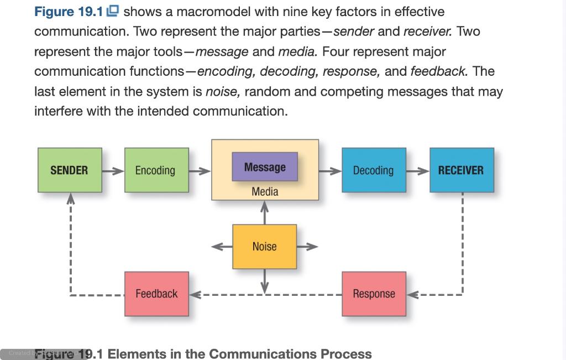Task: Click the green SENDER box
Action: [70, 170]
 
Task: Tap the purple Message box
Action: [265, 167]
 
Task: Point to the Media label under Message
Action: [265, 192]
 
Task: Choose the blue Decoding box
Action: [374, 170]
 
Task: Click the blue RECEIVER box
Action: [462, 170]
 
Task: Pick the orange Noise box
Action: [264, 247]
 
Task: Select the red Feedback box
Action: [156, 294]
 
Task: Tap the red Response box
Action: [374, 294]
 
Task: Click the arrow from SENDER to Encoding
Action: [113, 171]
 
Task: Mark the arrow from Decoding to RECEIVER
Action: [418, 171]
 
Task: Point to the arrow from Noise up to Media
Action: [265, 213]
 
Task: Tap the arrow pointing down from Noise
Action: [265, 280]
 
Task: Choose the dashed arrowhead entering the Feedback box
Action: [195, 294]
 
